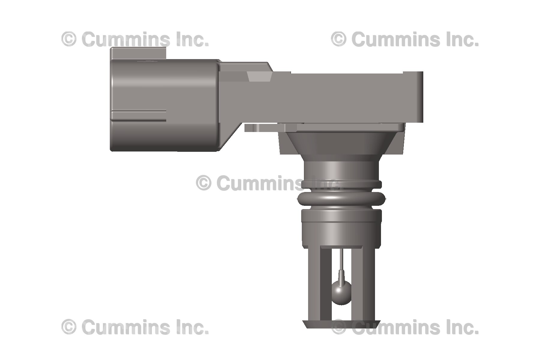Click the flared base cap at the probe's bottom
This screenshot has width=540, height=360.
(341, 324)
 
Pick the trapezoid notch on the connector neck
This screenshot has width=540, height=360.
(259, 76)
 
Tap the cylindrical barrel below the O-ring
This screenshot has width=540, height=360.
(341, 226)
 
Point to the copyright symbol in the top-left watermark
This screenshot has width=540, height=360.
(69, 39)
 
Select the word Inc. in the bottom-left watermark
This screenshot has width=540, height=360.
(192, 327)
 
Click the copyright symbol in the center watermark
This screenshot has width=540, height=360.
(204, 183)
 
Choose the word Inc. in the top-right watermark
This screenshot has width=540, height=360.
(462, 39)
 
